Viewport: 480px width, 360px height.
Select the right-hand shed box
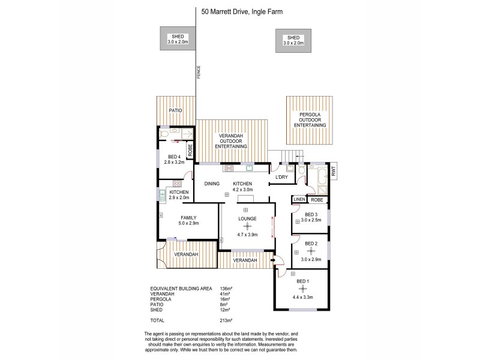293,40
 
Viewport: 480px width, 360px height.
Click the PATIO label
175,111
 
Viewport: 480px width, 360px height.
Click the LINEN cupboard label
299,199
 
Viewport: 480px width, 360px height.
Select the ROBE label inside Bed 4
190,151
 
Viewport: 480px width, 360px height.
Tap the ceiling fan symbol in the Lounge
247,226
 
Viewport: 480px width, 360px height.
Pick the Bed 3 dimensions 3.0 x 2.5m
311,220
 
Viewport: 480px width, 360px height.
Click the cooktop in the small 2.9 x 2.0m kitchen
177,182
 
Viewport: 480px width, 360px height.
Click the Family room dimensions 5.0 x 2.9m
188,223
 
